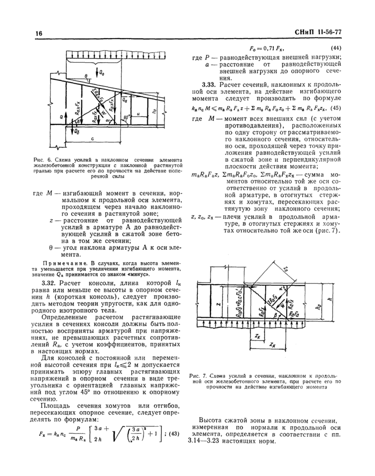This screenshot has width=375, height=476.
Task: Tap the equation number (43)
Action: pyautogui.click(x=175, y=432)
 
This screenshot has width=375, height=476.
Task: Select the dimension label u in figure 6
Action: pyautogui.click(x=139, y=114)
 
